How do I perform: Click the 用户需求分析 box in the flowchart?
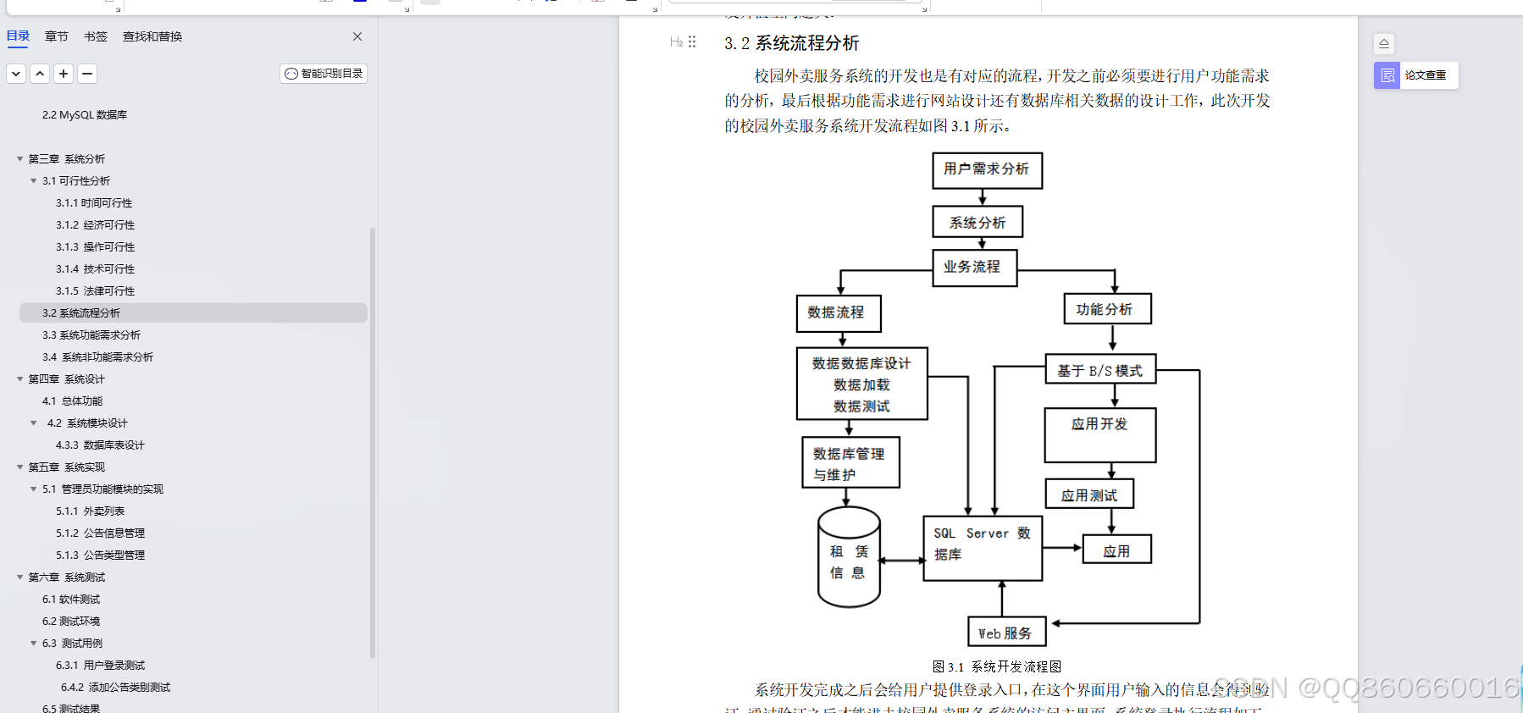(x=987, y=170)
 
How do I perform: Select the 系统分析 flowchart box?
(x=977, y=223)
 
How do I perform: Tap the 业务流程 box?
(x=973, y=268)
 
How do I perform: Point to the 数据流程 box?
(x=838, y=313)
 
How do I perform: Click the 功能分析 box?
(x=1106, y=310)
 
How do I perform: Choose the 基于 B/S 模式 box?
(x=1100, y=371)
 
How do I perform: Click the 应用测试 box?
(x=1089, y=495)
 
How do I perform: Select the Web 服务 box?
(x=1006, y=633)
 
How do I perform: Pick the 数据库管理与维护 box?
(x=850, y=463)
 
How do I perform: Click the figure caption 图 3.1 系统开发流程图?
(x=997, y=667)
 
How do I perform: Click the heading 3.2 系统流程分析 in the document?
(x=791, y=43)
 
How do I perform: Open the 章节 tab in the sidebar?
(x=57, y=36)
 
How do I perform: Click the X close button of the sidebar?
(x=357, y=36)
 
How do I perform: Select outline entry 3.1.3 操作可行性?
(x=95, y=247)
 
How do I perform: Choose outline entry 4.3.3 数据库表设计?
(x=100, y=445)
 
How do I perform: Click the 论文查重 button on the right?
(x=1415, y=75)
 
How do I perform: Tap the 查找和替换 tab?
(x=152, y=36)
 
